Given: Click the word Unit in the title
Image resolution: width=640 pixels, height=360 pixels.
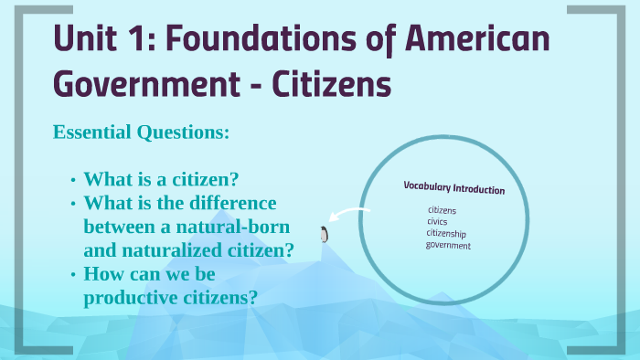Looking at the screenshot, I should (x=86, y=40).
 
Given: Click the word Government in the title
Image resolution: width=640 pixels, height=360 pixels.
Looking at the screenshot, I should (x=144, y=84).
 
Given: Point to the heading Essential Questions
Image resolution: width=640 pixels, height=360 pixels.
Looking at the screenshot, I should (x=141, y=132).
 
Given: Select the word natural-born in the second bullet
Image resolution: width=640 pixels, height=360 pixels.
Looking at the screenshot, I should (x=233, y=226).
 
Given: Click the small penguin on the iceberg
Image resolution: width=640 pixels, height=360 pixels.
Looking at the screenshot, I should (x=323, y=235).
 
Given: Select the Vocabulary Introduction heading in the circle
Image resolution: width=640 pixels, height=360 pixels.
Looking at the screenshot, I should (x=453, y=188).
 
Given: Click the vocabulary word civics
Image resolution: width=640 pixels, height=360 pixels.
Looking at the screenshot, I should (x=437, y=221).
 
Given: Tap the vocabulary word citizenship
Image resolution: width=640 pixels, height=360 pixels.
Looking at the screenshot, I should (x=446, y=233).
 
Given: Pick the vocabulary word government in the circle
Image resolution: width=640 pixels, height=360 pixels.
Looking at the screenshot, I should (x=448, y=245).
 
